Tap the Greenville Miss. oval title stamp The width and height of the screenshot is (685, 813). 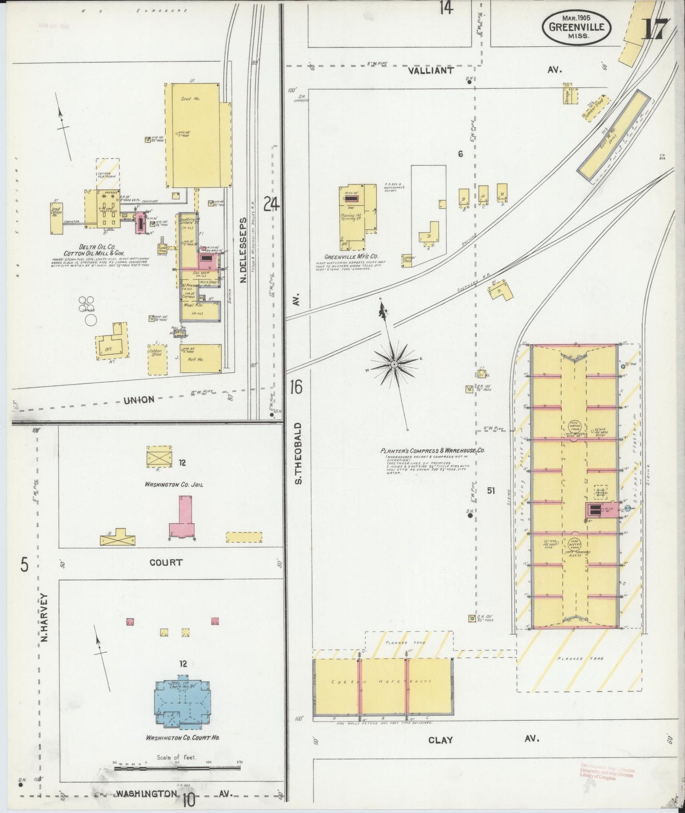point(576,28)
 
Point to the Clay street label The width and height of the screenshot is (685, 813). point(440,740)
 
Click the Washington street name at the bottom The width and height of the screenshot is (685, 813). point(146,793)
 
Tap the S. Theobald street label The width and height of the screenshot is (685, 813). point(298,453)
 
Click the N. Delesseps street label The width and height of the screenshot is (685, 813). point(243,250)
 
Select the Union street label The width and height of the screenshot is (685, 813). point(139,399)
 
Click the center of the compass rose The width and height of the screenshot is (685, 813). point(393,364)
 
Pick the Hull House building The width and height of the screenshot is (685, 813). point(201,359)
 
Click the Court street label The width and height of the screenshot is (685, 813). point(166,563)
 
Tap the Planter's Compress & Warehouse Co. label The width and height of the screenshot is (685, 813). point(432,451)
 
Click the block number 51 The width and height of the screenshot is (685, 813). point(491,491)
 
